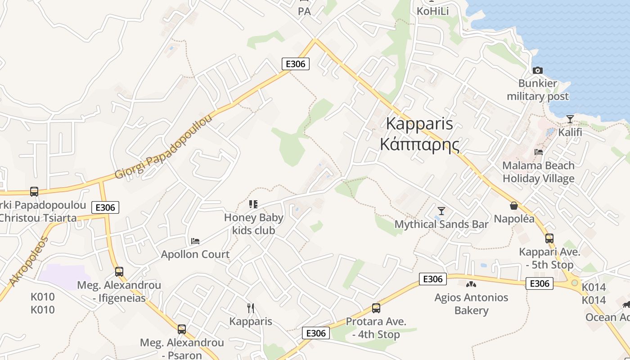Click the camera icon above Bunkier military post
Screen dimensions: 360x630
coord(537,70)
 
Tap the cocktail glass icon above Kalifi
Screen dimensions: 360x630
coord(570,119)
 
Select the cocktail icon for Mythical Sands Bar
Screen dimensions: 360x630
coord(441,211)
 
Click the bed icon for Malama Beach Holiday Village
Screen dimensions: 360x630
coord(539,152)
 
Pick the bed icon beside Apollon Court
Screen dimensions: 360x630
coord(195,241)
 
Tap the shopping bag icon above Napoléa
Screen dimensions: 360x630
coord(513,206)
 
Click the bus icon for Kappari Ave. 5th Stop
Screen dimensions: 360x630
coord(549,238)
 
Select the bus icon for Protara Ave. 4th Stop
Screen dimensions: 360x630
coord(376,308)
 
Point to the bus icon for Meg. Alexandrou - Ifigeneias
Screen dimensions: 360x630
coord(119,272)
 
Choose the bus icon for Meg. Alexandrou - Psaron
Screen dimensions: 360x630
coord(182,329)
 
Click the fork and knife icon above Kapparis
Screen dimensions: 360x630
coord(251,308)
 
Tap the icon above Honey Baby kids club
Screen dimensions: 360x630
coord(253,204)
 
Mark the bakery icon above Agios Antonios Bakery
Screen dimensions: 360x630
coord(471,284)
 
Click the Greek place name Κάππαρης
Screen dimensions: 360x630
coord(419,145)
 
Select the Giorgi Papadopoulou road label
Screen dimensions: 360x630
coord(163,147)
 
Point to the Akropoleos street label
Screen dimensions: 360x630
coord(28,261)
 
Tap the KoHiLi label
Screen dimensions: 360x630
coord(433,11)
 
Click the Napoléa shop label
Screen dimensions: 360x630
coord(514,219)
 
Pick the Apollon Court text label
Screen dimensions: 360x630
coord(195,254)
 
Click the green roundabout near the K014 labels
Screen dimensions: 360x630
coord(575,283)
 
